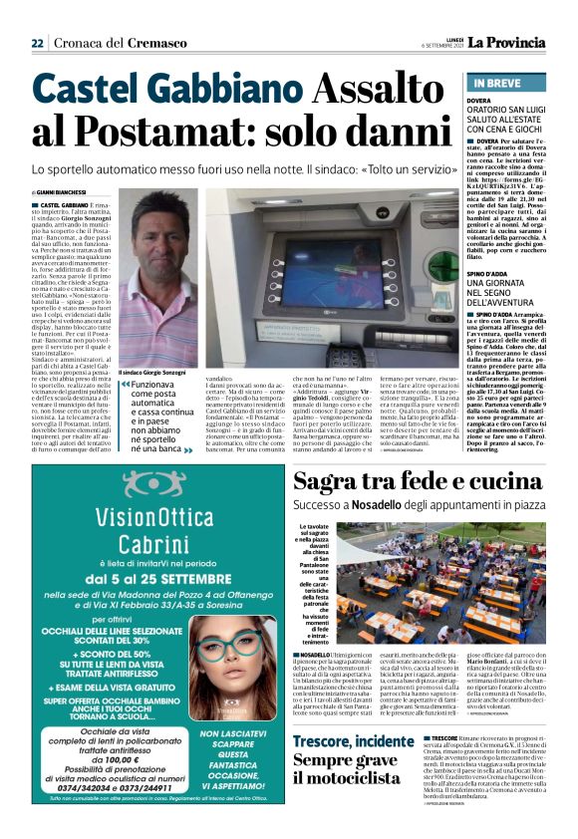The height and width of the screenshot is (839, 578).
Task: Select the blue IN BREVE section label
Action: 497,83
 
